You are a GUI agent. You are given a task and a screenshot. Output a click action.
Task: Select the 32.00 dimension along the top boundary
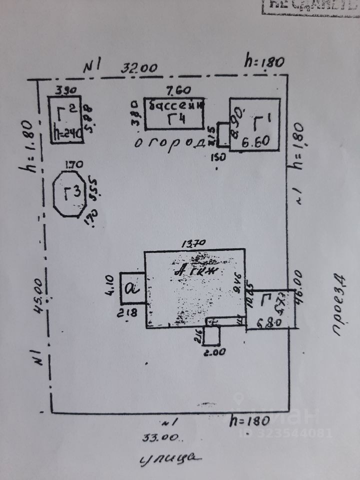tap(141, 67)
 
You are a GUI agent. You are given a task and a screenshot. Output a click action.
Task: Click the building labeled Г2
tap(65, 119)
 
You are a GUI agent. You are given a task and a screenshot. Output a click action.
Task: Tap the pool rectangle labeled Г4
tap(174, 113)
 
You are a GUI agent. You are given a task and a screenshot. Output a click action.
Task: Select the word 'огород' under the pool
tap(169, 142)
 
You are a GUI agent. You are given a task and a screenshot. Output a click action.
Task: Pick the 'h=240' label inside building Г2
tap(65, 134)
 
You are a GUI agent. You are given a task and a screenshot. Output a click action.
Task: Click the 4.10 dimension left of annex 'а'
tap(111, 288)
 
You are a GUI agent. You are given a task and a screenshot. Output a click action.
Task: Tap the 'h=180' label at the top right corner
tap(263, 61)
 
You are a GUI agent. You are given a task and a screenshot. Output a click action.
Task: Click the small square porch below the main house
tap(212, 334)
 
